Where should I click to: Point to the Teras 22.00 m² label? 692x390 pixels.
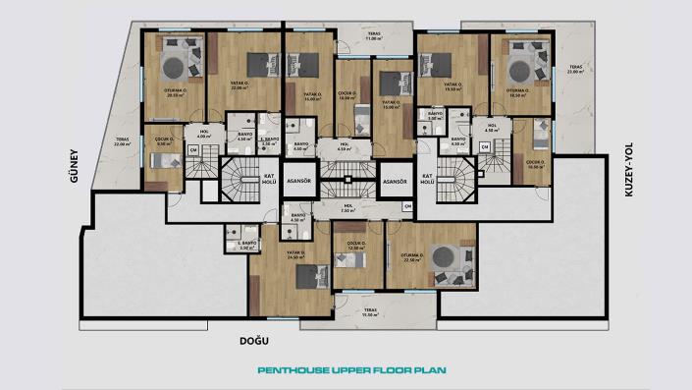[122, 141]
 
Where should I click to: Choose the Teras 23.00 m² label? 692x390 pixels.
[574, 71]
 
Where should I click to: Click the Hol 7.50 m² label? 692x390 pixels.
[346, 208]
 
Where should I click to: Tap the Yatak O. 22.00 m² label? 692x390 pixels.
[239, 87]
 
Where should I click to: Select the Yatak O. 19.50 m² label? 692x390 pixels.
[453, 87]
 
